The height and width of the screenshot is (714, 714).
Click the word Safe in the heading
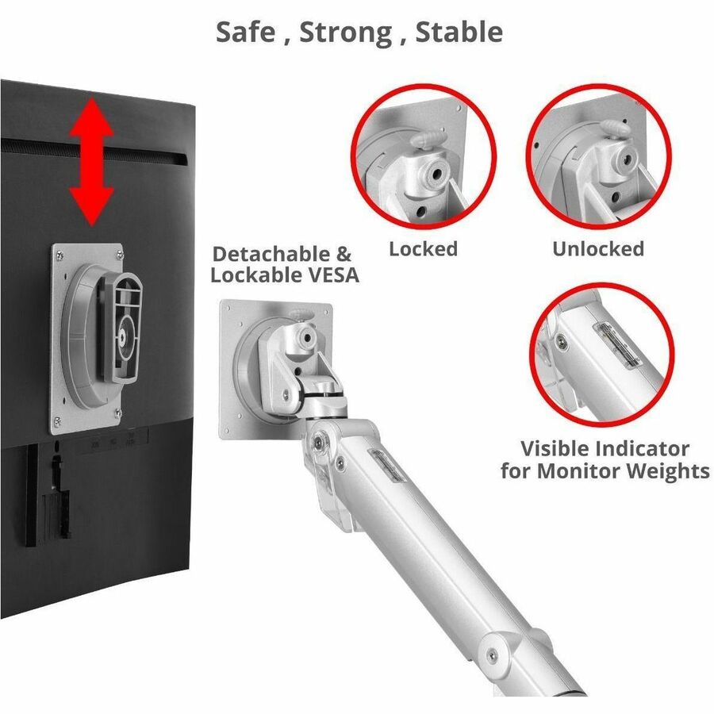246,32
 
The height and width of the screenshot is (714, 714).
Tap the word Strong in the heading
346,33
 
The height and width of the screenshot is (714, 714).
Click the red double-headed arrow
91,162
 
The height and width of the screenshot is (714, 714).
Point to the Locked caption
423,249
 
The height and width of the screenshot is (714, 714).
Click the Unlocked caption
598,249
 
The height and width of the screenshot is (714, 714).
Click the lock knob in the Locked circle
428,137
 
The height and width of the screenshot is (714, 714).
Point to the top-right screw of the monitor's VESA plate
120,254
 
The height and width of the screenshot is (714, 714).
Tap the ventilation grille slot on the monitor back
94,150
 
